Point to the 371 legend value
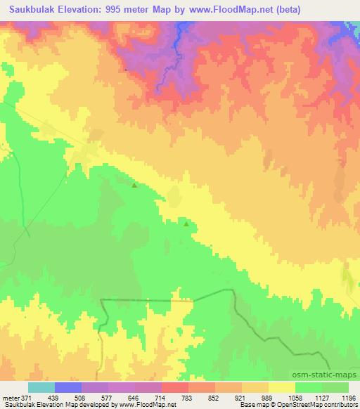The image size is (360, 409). tap(25, 398)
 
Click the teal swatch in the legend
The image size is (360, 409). tap(41, 387)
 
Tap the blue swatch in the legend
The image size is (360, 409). tap(68, 387)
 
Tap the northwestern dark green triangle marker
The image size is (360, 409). tap(134, 186)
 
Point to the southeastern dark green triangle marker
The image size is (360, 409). tap(186, 224)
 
